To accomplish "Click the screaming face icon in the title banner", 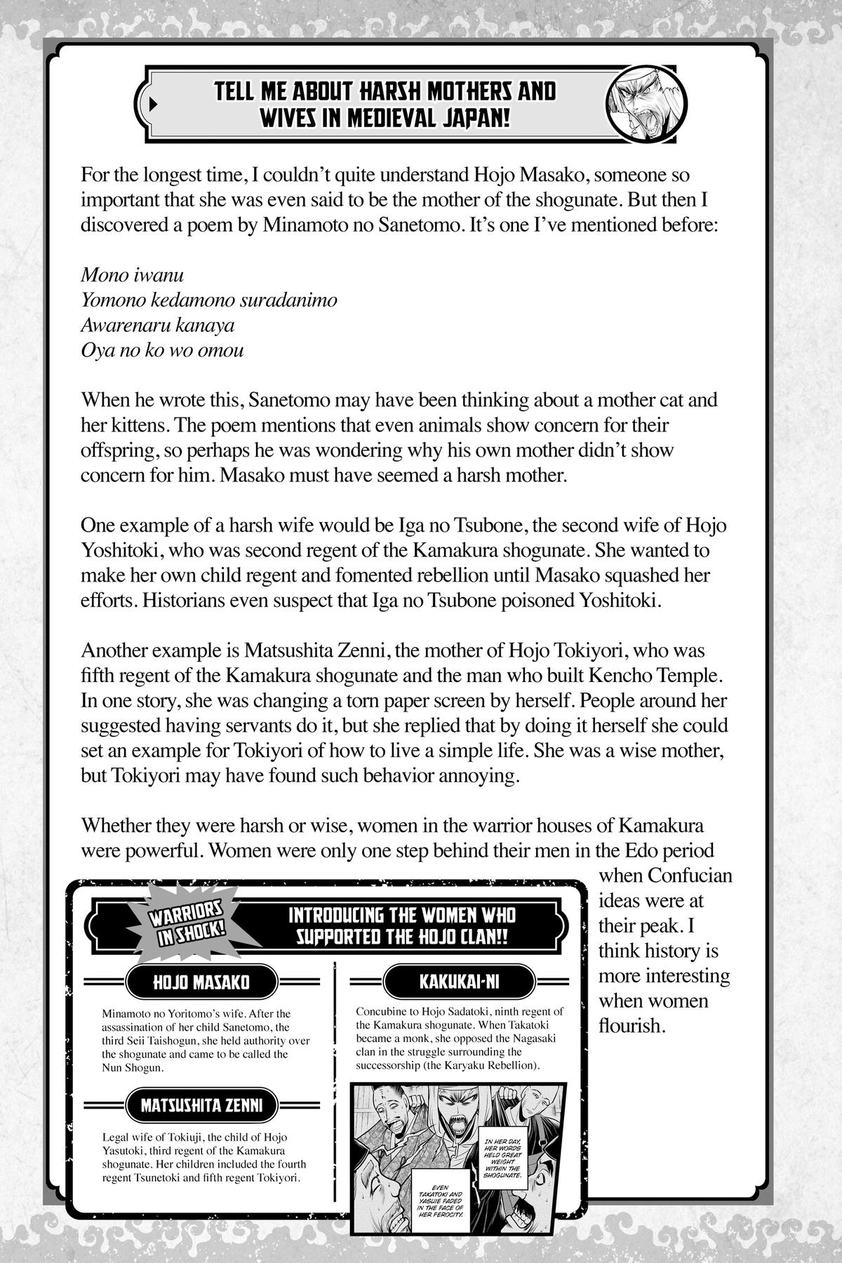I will [646, 103].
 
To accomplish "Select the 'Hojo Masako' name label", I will [201, 982].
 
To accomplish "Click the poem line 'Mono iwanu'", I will [133, 275].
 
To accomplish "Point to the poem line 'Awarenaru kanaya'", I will [158, 326].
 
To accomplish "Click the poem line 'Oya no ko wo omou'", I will [163, 350].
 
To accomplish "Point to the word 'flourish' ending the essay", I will [629, 1025].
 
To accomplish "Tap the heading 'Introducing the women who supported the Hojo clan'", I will [402, 925].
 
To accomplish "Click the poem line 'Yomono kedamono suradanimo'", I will [209, 300].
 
